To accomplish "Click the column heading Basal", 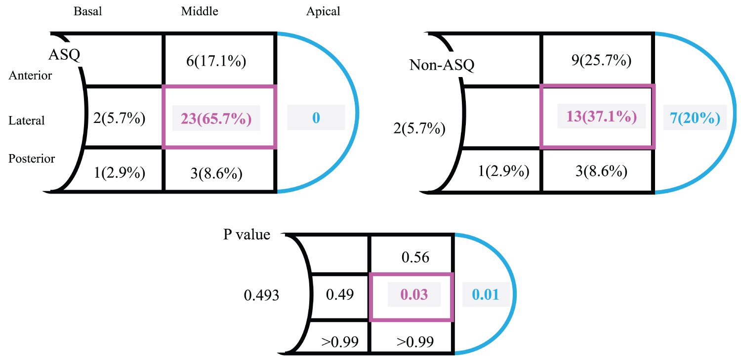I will click(87, 11).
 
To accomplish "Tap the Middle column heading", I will click(199, 11).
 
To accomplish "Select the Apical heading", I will click(323, 11).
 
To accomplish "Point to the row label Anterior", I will click(30, 76).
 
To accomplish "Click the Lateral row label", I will click(27, 120).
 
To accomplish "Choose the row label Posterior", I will click(32, 159).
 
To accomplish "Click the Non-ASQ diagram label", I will click(442, 65).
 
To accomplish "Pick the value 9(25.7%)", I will click(600, 61).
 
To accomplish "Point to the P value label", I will click(247, 234).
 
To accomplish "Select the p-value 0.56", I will click(415, 257).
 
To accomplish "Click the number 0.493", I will click(262, 296).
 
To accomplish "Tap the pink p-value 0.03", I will click(414, 295).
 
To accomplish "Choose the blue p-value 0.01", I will click(486, 295).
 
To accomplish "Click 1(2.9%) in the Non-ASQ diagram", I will click(504, 171).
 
